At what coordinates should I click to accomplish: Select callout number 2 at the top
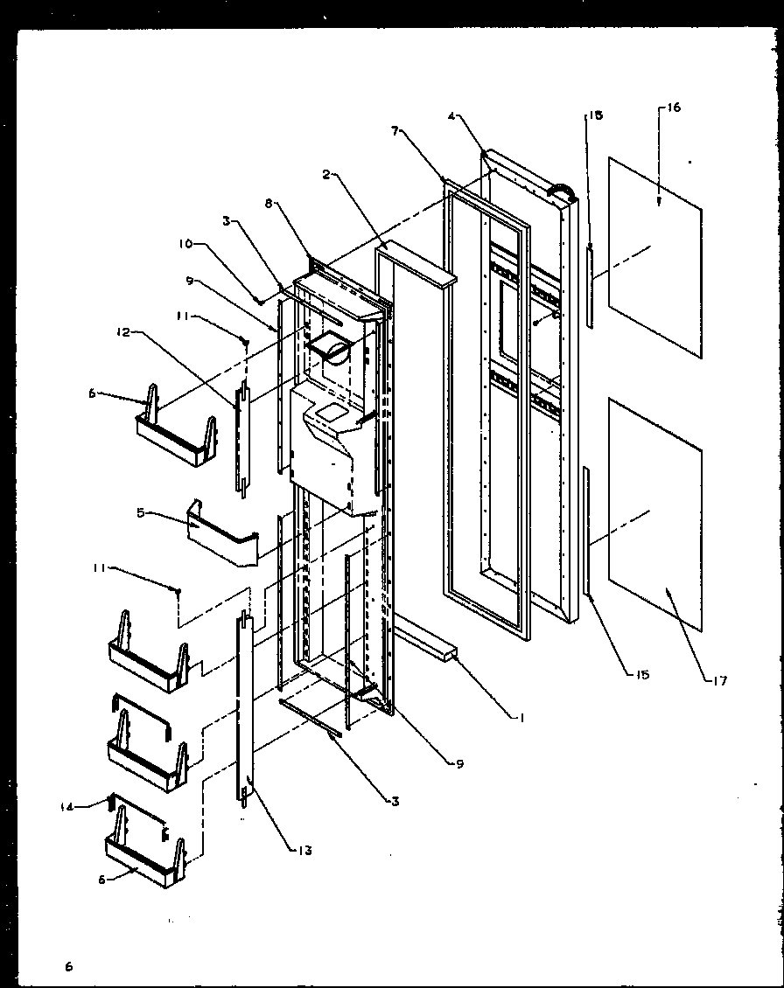tap(325, 175)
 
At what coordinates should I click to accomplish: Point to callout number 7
tap(395, 130)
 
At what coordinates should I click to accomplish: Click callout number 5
tap(139, 513)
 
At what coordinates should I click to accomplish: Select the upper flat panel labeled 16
tap(654, 258)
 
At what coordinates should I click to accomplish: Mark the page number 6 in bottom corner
tap(68, 966)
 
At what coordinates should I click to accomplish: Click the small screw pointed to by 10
tap(260, 302)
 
